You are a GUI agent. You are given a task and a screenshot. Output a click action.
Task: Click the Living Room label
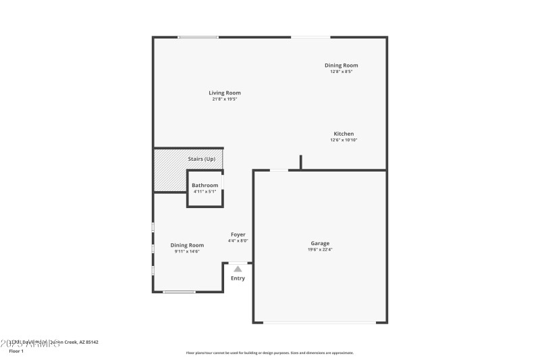click(224, 93)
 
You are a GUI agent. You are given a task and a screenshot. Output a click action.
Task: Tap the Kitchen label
click(343, 134)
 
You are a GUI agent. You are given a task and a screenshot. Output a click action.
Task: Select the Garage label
click(320, 243)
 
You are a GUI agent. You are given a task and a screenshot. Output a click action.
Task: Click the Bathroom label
click(205, 185)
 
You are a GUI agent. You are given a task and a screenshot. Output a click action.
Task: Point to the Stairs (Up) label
click(201, 159)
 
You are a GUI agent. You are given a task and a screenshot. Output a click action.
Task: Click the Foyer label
click(238, 234)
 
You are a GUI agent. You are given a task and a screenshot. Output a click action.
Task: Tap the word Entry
click(238, 278)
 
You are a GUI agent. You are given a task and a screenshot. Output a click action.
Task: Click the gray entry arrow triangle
click(238, 269)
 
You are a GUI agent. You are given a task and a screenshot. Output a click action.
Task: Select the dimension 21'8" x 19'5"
click(224, 99)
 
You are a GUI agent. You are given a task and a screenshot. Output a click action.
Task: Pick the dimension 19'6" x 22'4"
click(320, 250)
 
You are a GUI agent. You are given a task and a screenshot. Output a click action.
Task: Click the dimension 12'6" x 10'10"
click(343, 140)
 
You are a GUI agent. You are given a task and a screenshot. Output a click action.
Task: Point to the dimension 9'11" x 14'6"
click(187, 251)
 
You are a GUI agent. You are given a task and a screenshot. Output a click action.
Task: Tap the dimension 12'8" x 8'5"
click(341, 72)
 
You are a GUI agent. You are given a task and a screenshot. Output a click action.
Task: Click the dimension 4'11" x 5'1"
click(205, 192)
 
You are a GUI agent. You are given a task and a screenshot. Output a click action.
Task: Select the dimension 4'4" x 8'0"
click(238, 240)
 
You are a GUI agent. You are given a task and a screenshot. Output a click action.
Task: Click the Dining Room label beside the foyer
click(187, 245)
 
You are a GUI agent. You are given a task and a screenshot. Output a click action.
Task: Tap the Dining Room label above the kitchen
click(341, 65)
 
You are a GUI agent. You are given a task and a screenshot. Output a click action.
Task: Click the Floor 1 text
click(16, 351)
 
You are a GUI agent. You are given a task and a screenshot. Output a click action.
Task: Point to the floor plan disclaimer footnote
click(269, 353)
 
